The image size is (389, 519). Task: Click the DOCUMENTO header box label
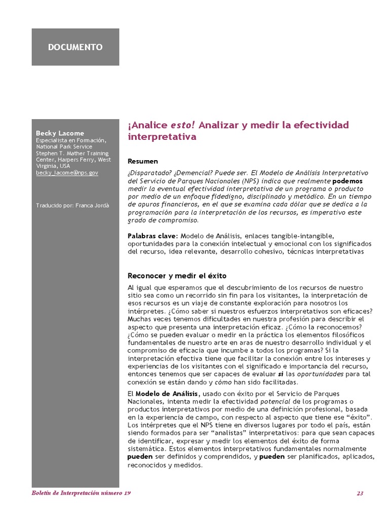point(75,47)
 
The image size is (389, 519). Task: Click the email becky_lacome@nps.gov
point(67,173)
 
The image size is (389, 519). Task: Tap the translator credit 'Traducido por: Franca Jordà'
point(72,205)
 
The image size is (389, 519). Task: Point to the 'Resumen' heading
point(143,161)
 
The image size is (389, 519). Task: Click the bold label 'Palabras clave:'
point(152,236)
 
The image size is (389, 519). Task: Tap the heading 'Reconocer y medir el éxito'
point(177,276)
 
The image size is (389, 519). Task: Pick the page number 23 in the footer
point(360,494)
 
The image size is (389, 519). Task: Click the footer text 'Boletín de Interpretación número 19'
point(78,494)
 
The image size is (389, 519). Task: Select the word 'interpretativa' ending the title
point(162,137)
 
